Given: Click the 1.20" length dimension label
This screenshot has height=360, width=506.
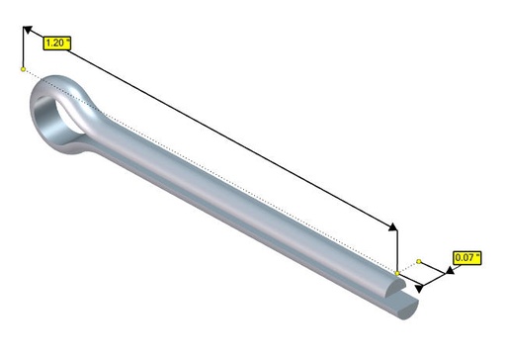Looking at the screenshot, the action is click(56, 44).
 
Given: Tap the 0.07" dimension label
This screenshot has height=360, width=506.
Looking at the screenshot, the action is click(467, 257).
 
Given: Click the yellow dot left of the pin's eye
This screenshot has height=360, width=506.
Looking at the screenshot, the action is click(23, 69).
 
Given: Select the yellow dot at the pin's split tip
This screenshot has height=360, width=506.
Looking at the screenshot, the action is click(397, 273).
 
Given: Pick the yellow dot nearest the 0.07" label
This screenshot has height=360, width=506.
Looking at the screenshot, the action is click(419, 261).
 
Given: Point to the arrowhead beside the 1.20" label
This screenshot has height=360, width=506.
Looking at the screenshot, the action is click(28, 30).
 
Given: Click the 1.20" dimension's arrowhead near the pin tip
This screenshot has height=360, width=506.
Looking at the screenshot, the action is click(393, 226).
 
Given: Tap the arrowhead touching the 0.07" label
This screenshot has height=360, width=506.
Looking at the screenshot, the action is click(450, 271).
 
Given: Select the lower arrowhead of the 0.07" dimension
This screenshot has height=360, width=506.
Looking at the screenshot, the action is click(419, 289).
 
